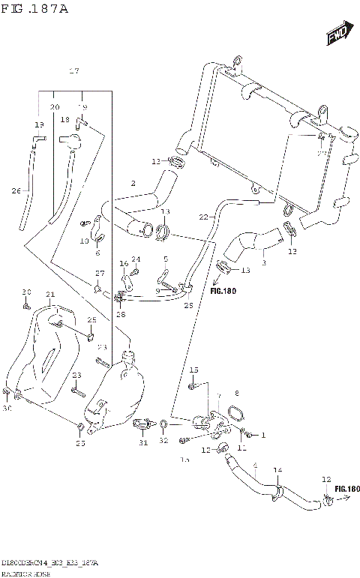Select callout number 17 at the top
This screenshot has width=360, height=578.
click(x=74, y=71)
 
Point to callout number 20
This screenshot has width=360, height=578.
click(x=54, y=107)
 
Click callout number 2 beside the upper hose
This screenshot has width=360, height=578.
click(x=133, y=183)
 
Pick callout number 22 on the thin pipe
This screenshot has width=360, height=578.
click(x=202, y=217)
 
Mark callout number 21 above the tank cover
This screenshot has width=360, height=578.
click(x=49, y=294)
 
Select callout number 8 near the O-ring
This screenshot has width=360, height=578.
click(x=236, y=393)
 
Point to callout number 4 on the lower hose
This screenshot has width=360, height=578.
click(x=255, y=466)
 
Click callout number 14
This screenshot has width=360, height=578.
click(x=277, y=470)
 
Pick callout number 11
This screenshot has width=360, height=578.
click(x=241, y=448)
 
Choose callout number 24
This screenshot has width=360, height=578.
click(x=136, y=259)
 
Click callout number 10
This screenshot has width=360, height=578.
click(x=84, y=241)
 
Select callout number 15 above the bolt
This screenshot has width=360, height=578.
click(x=193, y=370)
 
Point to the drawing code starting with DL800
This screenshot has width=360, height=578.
click(x=49, y=562)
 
